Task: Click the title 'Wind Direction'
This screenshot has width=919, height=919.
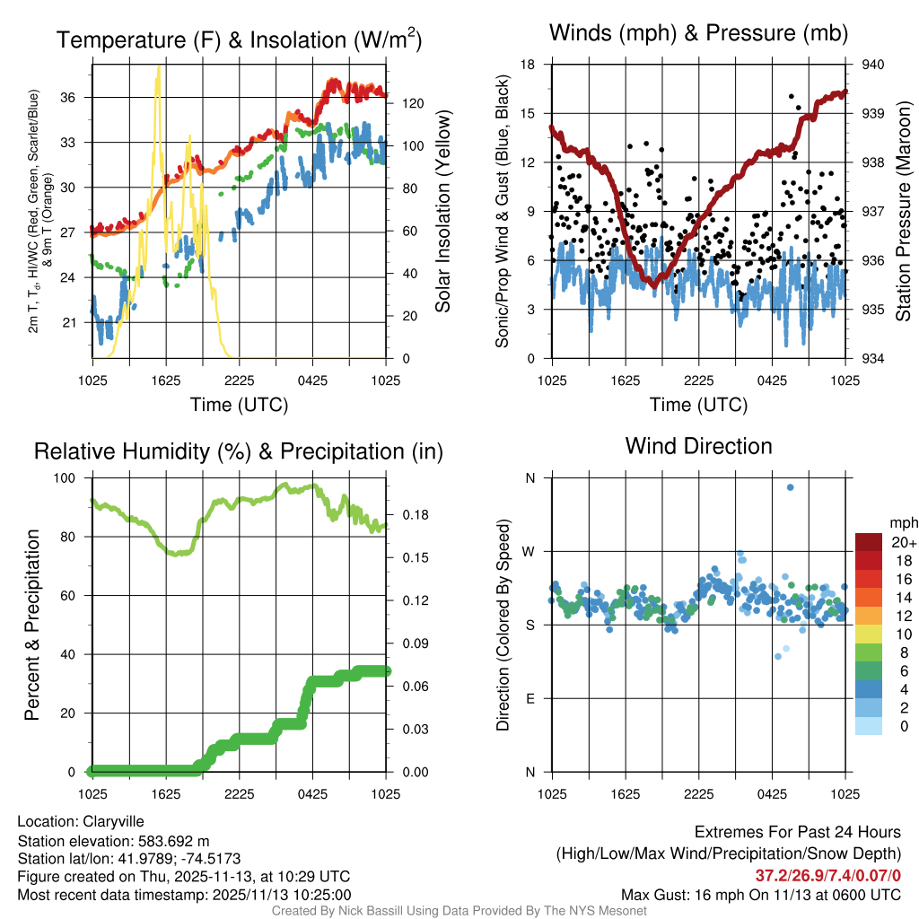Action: [698, 446]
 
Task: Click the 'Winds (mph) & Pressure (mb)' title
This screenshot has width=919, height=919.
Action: [698, 34]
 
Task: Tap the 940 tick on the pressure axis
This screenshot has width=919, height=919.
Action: [874, 65]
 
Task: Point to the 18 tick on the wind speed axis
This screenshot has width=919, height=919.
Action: [529, 65]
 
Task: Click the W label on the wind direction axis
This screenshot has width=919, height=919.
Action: [530, 552]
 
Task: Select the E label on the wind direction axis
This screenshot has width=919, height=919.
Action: [530, 699]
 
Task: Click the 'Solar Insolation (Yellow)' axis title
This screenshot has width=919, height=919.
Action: [442, 212]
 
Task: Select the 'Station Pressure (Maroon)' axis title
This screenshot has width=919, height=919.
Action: [904, 212]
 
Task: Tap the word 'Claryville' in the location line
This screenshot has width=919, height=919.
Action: [113, 821]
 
